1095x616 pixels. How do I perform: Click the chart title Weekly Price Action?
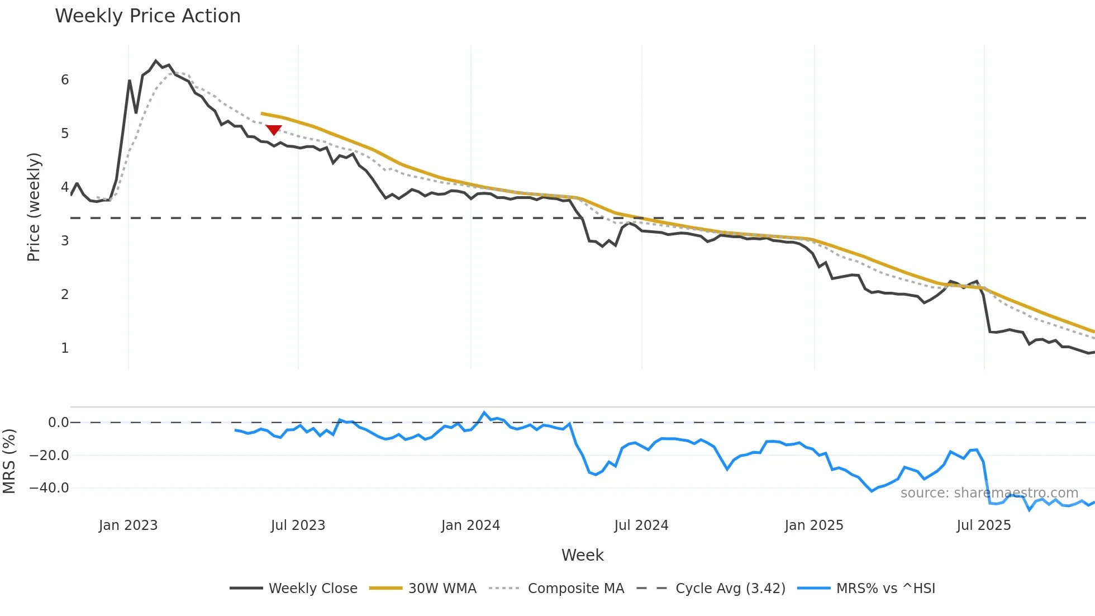(147, 16)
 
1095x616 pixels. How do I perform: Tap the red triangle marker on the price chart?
(274, 130)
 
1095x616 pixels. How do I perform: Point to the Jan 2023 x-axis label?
(128, 525)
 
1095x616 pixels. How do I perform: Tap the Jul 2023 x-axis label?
(298, 525)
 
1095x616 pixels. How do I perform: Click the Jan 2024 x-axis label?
(470, 525)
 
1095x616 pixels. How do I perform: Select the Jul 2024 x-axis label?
(641, 525)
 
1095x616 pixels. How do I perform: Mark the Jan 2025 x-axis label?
(814, 525)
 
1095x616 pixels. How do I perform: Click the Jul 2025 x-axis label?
(984, 525)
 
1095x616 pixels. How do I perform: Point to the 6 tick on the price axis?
(65, 80)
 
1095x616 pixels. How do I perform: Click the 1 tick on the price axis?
(65, 348)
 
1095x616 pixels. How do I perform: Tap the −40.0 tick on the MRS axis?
(49, 488)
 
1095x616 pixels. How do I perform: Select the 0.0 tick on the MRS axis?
(58, 423)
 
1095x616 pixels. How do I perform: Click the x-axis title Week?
(582, 555)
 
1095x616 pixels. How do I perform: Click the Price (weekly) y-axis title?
(34, 207)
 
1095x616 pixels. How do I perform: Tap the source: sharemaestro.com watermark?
(989, 493)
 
